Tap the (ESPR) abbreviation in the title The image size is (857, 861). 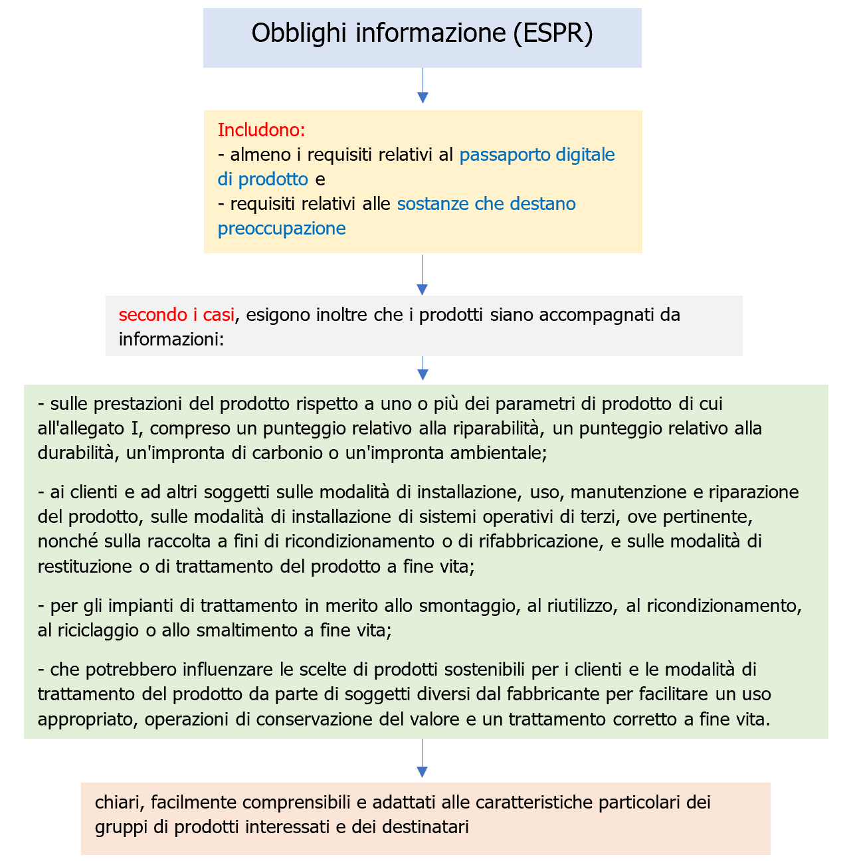[x=553, y=33]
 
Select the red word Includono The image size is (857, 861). [x=261, y=130]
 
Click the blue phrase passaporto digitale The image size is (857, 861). [x=537, y=155]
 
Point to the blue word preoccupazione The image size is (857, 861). [x=282, y=229]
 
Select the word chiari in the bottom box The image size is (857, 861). [x=120, y=803]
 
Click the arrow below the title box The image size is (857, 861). [x=423, y=86]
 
